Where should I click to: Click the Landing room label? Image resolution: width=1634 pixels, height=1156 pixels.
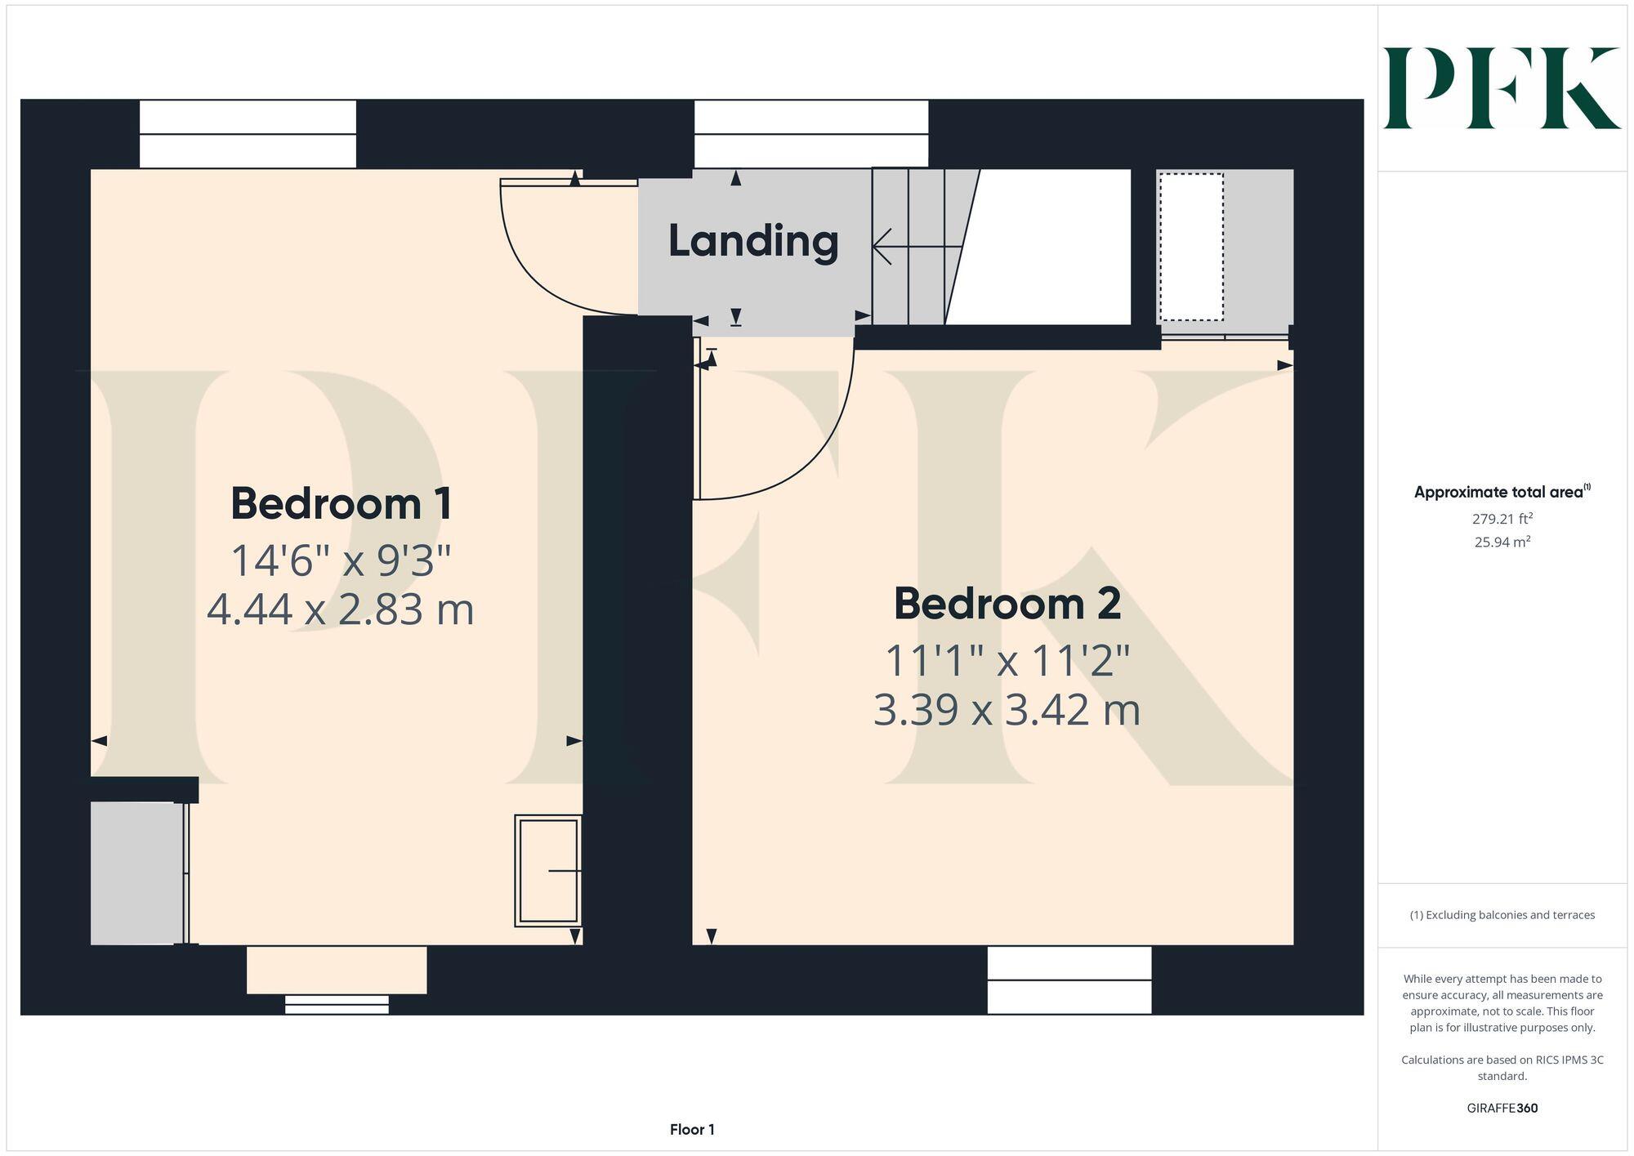(x=753, y=242)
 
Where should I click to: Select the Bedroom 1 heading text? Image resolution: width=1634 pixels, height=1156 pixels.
(x=341, y=504)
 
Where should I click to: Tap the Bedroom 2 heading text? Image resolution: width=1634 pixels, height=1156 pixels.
(x=1007, y=604)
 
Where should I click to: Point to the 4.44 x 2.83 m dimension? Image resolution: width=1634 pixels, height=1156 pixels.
(x=341, y=610)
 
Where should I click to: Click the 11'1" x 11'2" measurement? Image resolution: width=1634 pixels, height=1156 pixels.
(x=1007, y=661)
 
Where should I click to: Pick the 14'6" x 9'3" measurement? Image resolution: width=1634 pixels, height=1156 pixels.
(x=341, y=561)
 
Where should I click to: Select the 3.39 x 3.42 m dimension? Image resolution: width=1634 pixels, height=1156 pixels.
(x=1007, y=710)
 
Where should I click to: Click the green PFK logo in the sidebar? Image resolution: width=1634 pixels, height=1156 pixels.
(x=1501, y=88)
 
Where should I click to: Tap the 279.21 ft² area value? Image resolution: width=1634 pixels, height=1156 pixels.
(x=1502, y=519)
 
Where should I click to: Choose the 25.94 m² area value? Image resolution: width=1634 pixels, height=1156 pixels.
(x=1502, y=542)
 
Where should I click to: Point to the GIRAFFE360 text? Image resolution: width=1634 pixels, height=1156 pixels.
(x=1502, y=1109)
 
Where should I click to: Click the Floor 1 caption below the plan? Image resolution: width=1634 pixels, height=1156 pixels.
(x=692, y=1130)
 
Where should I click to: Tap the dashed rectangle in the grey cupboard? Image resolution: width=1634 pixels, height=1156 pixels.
(x=1191, y=247)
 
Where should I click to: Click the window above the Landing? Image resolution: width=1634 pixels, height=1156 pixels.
(x=810, y=134)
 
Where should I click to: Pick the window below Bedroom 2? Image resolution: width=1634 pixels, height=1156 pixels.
(x=1069, y=980)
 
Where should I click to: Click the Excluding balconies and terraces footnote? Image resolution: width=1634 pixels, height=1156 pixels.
(x=1502, y=915)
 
